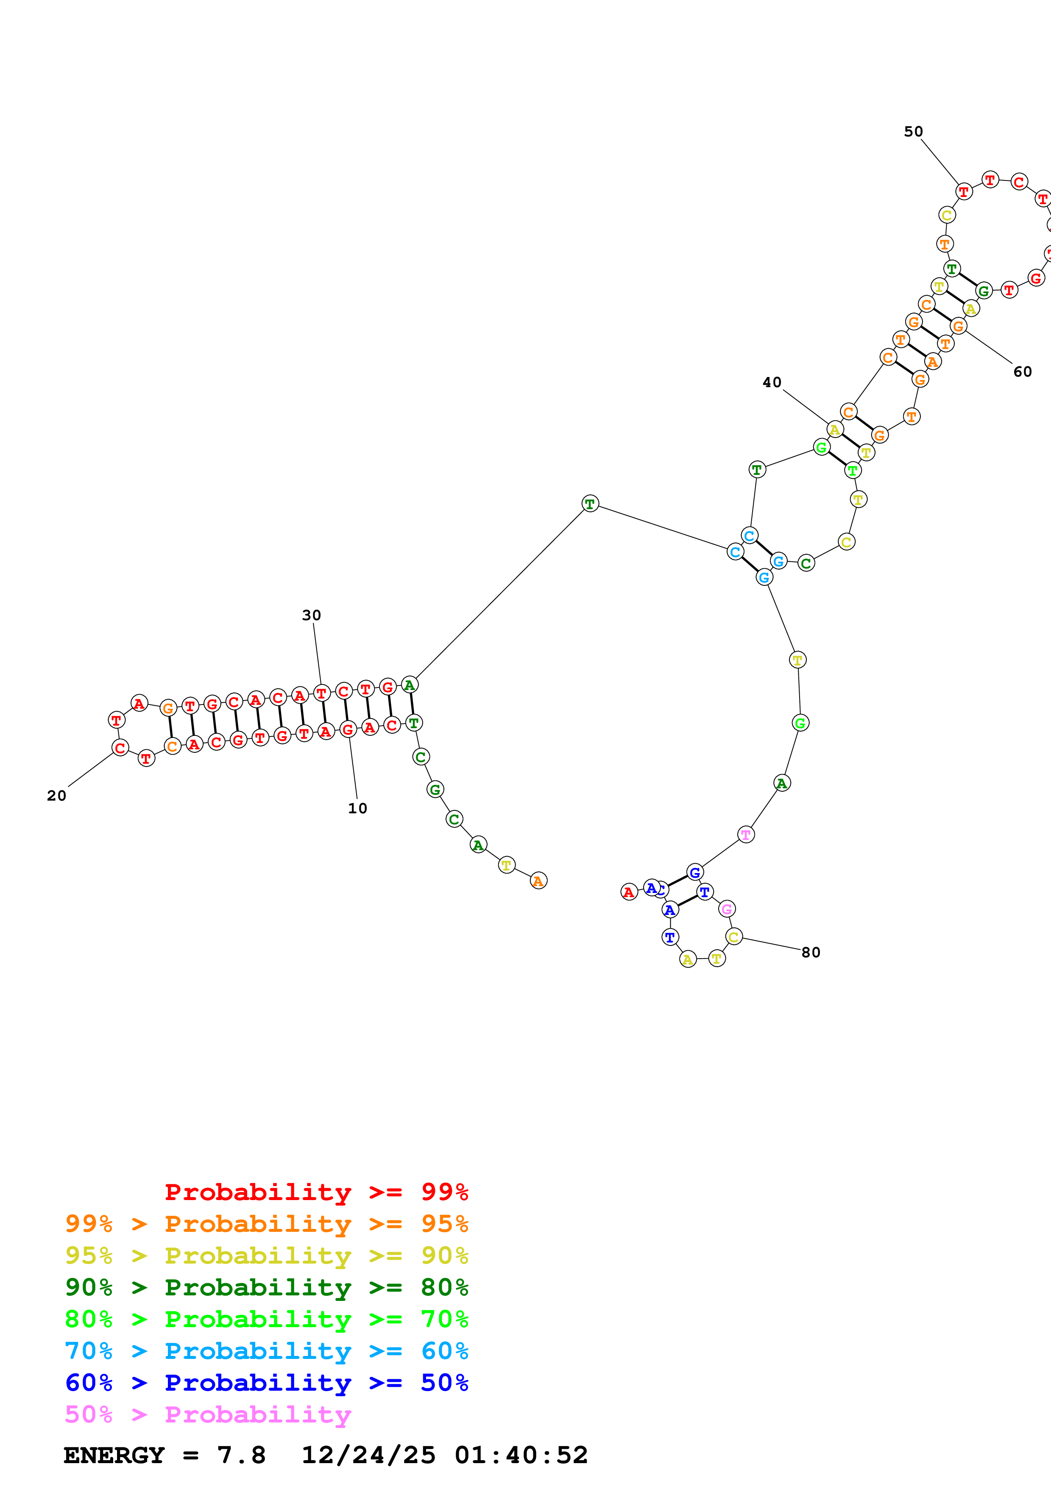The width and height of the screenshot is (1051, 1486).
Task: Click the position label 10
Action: click(x=357, y=808)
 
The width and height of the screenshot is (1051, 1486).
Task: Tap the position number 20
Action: click(x=56, y=796)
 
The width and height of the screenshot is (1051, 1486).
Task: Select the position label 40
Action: click(x=772, y=383)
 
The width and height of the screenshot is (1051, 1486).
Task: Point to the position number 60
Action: click(x=1023, y=371)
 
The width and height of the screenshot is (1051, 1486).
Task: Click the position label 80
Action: click(x=811, y=953)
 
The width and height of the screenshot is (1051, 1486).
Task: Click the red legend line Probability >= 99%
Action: click(x=316, y=1192)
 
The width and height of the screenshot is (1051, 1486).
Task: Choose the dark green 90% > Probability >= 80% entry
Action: click(x=266, y=1287)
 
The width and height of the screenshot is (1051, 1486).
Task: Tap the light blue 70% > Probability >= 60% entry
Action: click(x=266, y=1351)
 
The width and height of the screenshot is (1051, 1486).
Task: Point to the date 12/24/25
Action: click(x=368, y=1455)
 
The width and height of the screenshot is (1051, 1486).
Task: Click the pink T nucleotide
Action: click(x=746, y=835)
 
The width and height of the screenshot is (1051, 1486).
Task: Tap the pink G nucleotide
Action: click(x=727, y=909)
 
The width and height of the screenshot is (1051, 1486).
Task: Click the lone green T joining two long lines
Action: click(x=590, y=504)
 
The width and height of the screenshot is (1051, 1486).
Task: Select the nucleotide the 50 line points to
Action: click(x=964, y=191)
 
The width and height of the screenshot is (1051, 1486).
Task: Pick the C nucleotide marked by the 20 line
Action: click(x=120, y=748)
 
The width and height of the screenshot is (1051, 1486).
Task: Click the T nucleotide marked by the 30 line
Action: click(x=321, y=693)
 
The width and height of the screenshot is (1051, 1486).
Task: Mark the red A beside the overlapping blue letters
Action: click(x=629, y=893)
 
